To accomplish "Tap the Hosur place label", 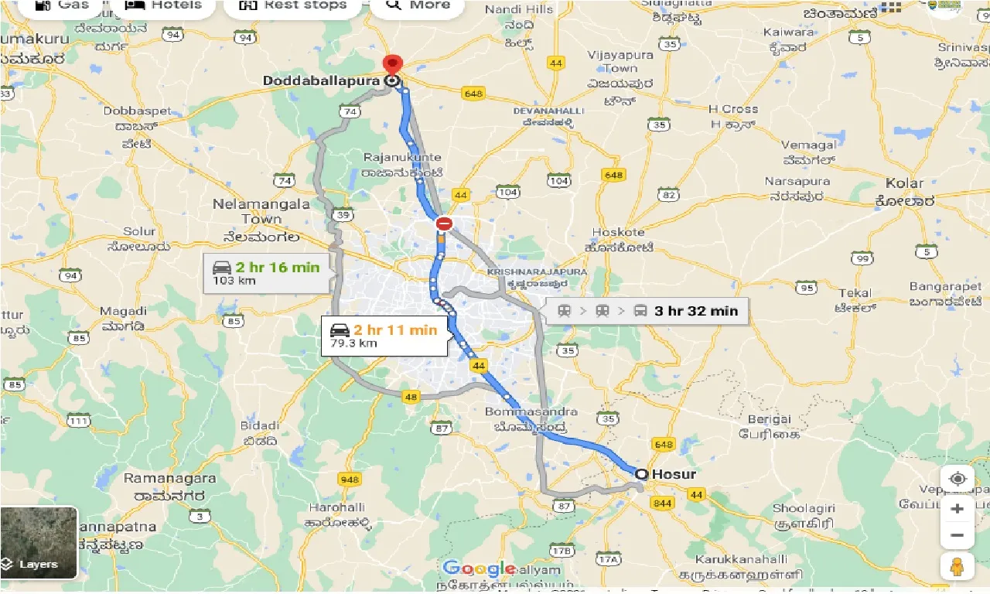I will click(674, 474).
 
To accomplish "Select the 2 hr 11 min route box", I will click(384, 336).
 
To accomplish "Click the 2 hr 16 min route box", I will click(267, 273).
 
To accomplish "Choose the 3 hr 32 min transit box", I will click(647, 312).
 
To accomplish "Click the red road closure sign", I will click(444, 224).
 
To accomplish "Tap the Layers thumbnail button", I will click(39, 543).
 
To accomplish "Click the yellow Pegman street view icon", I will click(958, 566).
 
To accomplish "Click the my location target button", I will click(958, 479).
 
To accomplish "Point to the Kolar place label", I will click(905, 184).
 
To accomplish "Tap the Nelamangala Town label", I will click(261, 211).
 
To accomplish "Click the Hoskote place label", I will click(618, 232).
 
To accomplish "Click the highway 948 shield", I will click(350, 480).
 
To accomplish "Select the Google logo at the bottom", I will click(479, 568).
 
